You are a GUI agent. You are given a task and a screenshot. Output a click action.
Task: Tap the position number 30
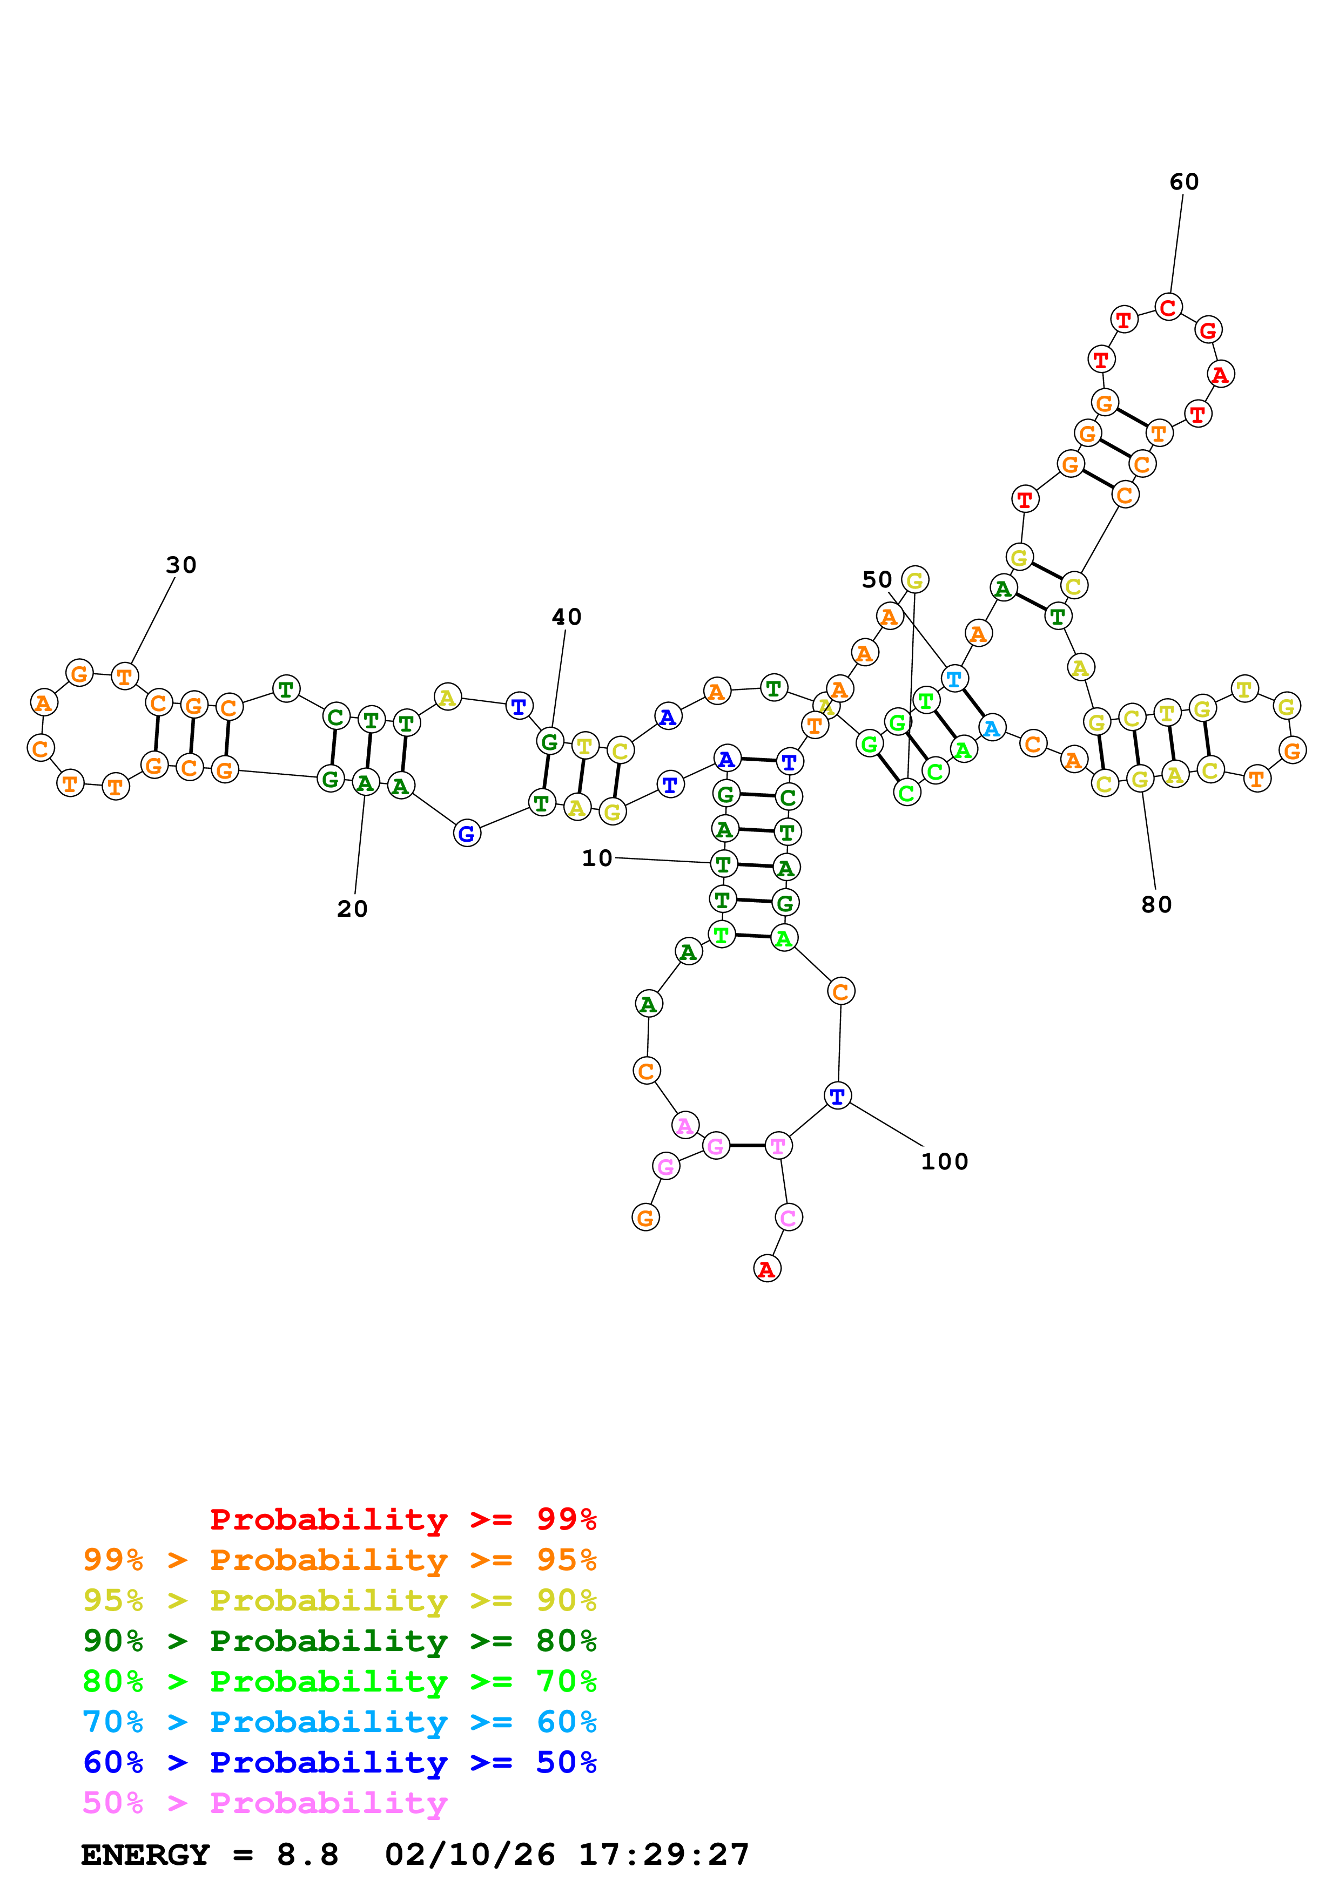point(181,565)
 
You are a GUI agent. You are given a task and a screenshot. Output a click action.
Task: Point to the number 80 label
point(1156,905)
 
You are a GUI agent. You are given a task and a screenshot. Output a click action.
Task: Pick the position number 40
point(566,617)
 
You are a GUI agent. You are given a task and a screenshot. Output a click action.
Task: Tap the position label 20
point(352,909)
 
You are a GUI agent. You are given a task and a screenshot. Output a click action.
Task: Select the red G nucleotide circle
point(1208,330)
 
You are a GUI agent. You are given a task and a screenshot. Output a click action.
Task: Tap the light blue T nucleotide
point(954,679)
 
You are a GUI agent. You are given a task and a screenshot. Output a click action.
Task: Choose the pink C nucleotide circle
point(788,1217)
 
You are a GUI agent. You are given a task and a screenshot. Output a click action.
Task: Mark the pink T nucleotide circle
point(777,1146)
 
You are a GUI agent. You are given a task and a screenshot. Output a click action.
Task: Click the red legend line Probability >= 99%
point(402,1519)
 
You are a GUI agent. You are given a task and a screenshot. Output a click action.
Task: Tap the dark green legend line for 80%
point(339,1641)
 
